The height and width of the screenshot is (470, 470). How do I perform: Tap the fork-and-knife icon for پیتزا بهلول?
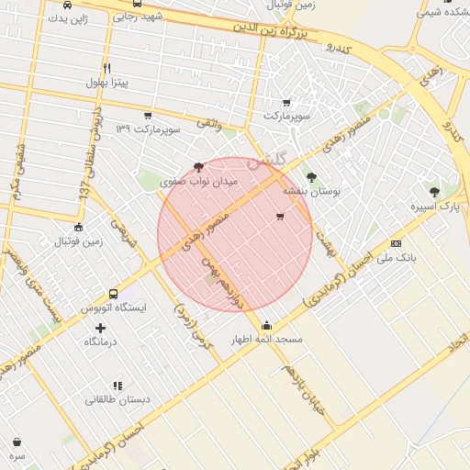107,69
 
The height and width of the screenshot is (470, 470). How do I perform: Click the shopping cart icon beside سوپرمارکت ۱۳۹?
148,116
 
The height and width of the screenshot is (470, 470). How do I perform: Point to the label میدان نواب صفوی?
199,183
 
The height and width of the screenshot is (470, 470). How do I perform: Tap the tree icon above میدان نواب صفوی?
199,167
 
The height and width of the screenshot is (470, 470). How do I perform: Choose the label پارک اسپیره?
435,207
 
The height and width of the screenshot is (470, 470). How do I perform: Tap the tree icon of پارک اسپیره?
434,192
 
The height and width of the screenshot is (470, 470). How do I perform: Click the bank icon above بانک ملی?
396,243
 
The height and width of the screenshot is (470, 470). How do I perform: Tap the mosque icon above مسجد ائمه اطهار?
267,324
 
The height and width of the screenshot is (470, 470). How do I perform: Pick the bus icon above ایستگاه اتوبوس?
113,294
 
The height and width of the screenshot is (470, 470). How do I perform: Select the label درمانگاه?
100,341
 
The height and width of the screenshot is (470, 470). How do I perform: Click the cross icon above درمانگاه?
100,327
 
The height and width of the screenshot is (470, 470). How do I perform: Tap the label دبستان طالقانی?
115,400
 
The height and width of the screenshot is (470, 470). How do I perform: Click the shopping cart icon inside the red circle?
280,217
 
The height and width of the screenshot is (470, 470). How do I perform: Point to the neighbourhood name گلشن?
279,157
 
